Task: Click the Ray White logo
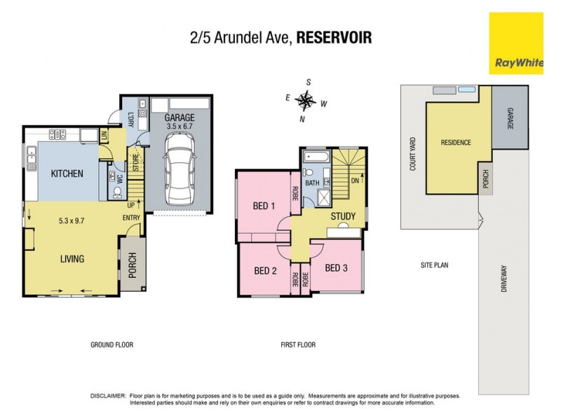tap(516, 43)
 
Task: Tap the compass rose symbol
tap(306, 101)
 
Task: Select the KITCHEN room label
tap(67, 174)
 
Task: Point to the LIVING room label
tap(72, 259)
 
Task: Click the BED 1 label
tap(263, 206)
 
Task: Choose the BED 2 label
tap(264, 269)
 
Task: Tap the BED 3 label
tap(337, 268)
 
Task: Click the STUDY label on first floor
tap(343, 216)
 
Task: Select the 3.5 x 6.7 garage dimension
tap(180, 128)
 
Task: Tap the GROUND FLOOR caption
tap(111, 344)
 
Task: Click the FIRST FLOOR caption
tap(297, 344)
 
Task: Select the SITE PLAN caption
tap(434, 265)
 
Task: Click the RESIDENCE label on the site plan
tap(455, 143)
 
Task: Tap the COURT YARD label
tap(413, 153)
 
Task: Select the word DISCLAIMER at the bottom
tap(108, 396)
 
